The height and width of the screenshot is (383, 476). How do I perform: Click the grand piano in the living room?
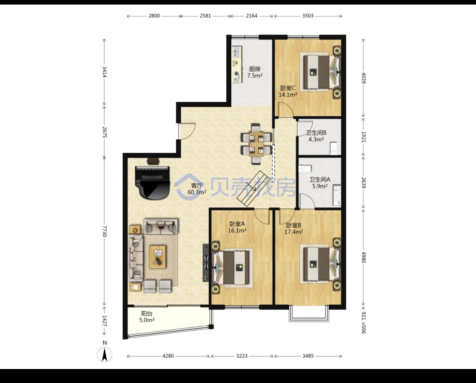pos(152,183)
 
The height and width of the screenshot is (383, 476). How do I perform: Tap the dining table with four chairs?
pos(256,144)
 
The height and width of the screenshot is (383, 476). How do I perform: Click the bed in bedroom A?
pos(233,268)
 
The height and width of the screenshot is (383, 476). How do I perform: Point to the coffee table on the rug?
pos(157,257)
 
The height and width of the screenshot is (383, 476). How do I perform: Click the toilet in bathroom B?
pos(333,148)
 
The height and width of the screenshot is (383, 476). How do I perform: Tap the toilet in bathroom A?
pos(305,169)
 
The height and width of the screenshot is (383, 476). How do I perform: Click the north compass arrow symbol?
pos(105,355)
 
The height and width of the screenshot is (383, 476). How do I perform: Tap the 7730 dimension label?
pos(105,231)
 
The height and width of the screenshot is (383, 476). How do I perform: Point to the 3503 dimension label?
pos(308,16)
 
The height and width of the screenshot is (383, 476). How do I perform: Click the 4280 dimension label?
pos(168,356)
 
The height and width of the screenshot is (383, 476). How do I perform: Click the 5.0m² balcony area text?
pos(147,320)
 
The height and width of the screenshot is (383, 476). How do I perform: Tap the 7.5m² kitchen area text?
pos(255,76)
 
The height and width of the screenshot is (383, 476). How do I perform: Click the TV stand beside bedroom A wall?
pos(206,263)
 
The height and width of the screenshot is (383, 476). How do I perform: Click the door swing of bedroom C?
pos(286,110)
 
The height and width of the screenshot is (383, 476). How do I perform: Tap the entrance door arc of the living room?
pos(187,131)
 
